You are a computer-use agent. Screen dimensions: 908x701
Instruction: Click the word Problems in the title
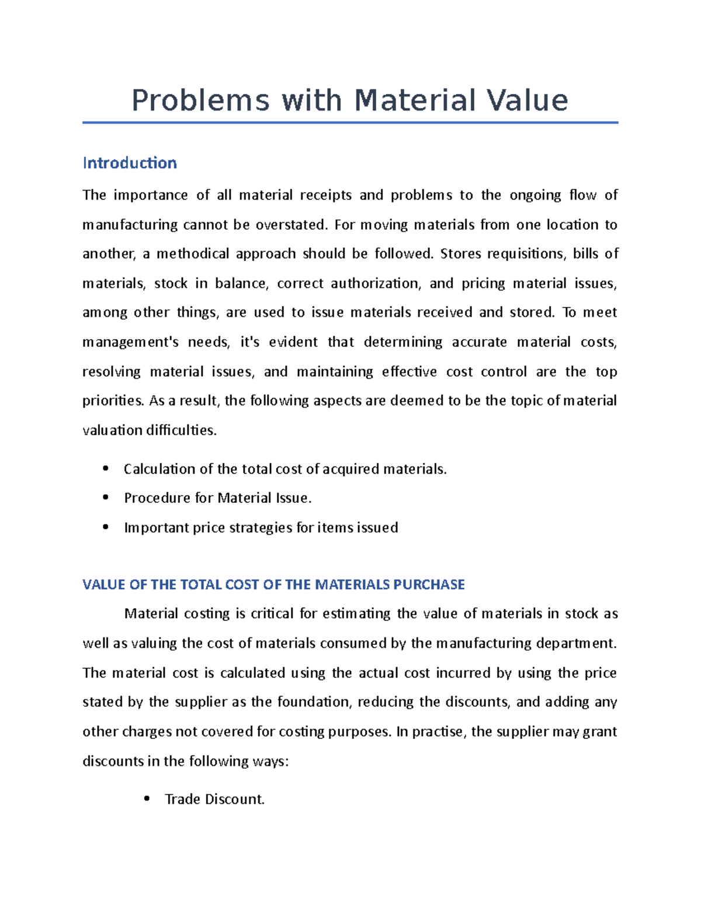click(200, 101)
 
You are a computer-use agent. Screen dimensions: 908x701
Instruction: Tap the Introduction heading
click(130, 163)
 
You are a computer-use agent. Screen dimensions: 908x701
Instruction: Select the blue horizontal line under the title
click(350, 123)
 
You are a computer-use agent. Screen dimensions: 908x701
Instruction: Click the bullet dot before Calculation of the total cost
click(105, 468)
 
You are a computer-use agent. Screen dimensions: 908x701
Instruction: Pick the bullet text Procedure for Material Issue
click(217, 498)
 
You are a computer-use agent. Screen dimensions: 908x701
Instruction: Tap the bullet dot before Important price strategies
click(105, 527)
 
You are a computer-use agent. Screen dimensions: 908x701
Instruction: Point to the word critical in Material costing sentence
click(272, 614)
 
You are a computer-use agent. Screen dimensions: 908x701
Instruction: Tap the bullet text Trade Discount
click(214, 799)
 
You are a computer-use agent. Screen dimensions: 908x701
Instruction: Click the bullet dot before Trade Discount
click(147, 798)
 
